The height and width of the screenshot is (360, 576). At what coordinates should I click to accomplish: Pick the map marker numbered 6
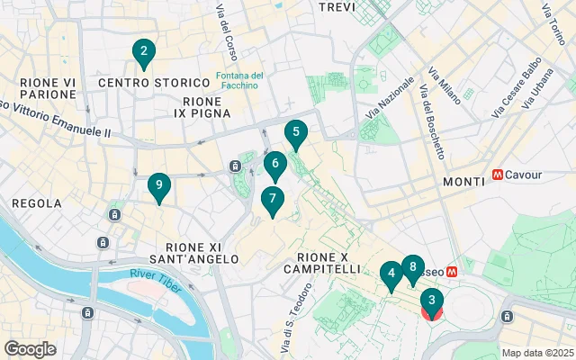pos(275,166)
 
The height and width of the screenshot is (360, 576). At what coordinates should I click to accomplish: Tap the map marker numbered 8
pos(412,268)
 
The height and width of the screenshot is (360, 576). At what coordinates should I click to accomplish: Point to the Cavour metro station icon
pos(498,175)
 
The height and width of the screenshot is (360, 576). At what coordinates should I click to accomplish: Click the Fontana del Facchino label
pos(238,80)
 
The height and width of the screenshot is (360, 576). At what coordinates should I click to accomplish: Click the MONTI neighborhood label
pos(465,182)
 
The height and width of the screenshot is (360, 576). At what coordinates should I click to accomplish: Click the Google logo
pos(30,348)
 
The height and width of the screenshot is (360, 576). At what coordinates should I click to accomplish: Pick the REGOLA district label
pos(37,204)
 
